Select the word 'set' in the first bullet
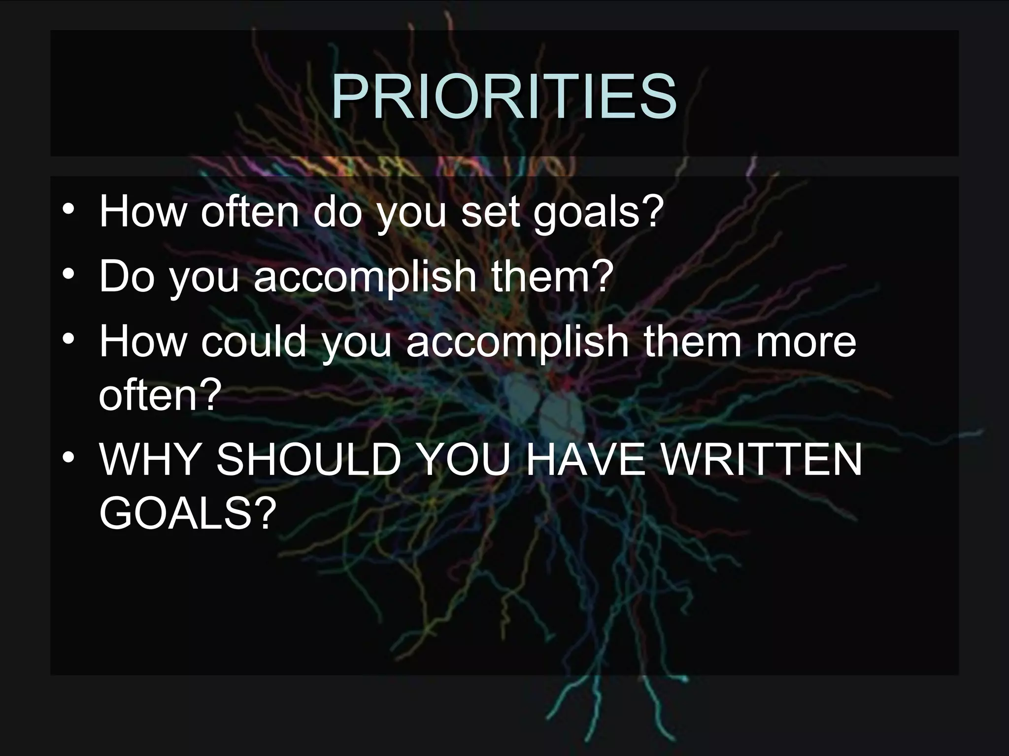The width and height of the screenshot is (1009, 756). (489, 213)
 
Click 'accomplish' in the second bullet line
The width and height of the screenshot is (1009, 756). (365, 277)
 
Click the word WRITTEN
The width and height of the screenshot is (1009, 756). (761, 459)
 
